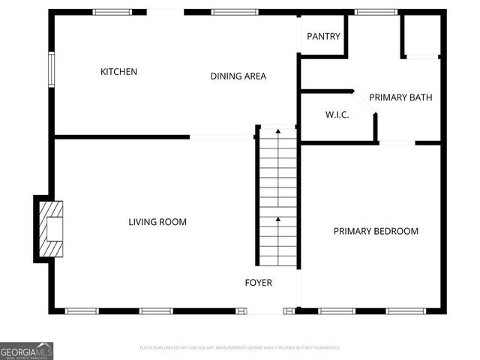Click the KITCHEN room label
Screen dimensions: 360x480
tap(119, 72)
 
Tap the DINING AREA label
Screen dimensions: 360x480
tap(238, 76)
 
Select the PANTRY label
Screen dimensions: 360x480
tap(324, 36)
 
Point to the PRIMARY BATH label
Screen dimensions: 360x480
tap(400, 97)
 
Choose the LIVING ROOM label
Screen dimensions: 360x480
tap(157, 222)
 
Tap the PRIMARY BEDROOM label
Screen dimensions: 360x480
tap(376, 231)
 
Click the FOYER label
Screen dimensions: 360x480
tap(259, 283)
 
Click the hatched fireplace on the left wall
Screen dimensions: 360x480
tap(52, 229)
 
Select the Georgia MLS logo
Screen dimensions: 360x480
tap(26, 351)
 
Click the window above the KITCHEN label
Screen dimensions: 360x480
tap(110, 12)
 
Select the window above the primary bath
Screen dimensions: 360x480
tap(376, 12)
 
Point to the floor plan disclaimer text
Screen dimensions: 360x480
tap(240, 348)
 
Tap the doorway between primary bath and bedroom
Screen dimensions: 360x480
tap(397, 142)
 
